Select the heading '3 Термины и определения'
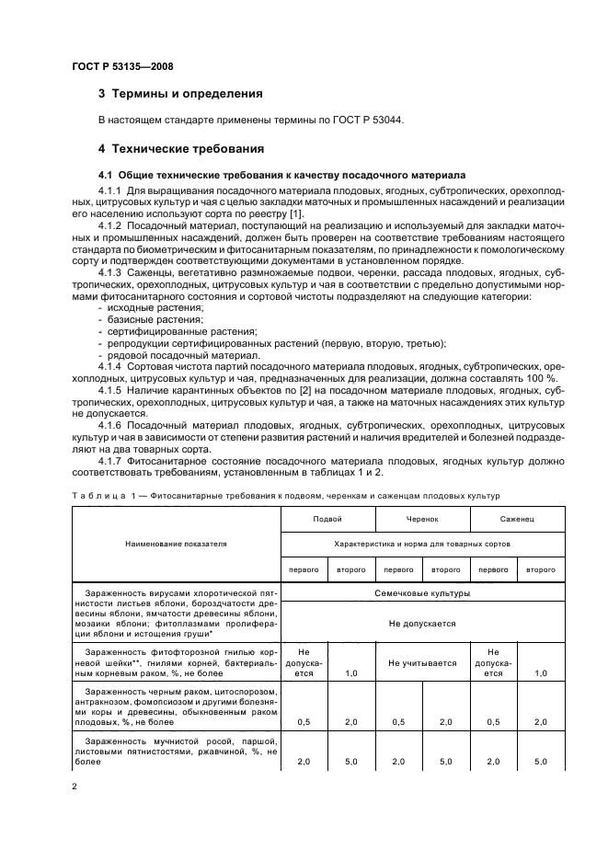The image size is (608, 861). pyautogui.click(x=180, y=94)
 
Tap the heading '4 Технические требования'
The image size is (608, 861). pyautogui.click(x=181, y=147)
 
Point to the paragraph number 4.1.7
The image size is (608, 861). pyautogui.click(x=113, y=460)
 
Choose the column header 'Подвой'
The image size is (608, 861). pyautogui.click(x=327, y=521)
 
